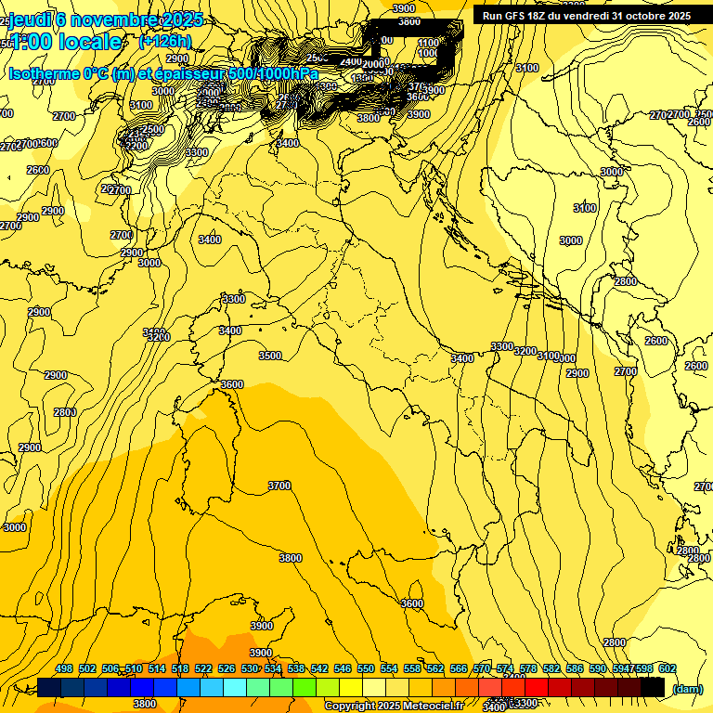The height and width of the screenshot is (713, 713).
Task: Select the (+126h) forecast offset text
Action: pyautogui.click(x=165, y=42)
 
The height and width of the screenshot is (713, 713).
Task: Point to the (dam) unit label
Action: pyautogui.click(x=688, y=689)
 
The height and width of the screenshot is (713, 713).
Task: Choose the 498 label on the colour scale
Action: pyautogui.click(x=64, y=668)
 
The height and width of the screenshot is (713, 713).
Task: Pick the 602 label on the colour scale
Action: pyautogui.click(x=667, y=668)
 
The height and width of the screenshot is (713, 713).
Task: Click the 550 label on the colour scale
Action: pyautogui.click(x=366, y=668)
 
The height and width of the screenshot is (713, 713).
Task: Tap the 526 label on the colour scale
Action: pyautogui.click(x=227, y=668)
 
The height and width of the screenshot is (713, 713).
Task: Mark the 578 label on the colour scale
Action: pyautogui.click(x=528, y=668)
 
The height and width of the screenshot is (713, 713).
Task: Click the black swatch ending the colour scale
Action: pyautogui.click(x=653, y=687)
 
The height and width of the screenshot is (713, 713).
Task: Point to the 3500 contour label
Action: pyautogui.click(x=270, y=356)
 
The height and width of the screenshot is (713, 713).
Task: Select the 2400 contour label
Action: pyautogui.click(x=350, y=62)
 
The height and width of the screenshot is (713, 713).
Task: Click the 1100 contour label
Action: pyautogui.click(x=428, y=43)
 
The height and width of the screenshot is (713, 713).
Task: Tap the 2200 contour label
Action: pyautogui.click(x=136, y=146)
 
